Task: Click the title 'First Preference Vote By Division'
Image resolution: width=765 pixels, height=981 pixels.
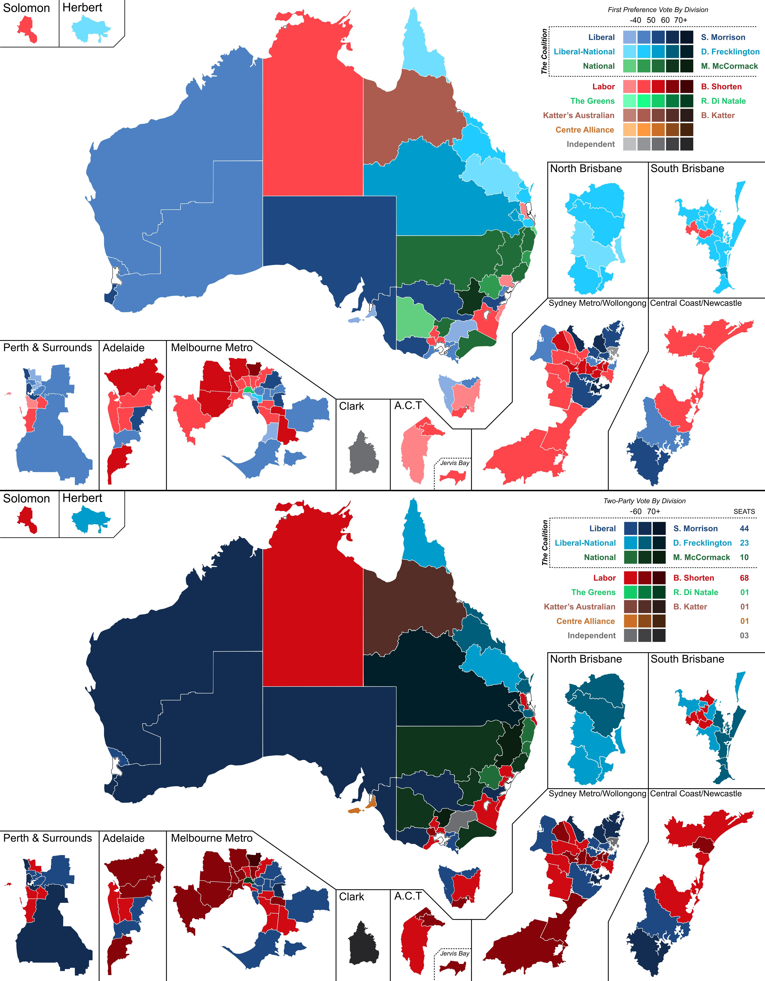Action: pyautogui.click(x=658, y=9)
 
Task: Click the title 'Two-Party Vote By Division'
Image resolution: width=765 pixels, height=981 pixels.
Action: pyautogui.click(x=644, y=501)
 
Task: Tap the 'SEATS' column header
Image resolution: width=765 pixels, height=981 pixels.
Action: pyautogui.click(x=744, y=512)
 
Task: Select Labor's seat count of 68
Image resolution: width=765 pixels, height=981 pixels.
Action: pyautogui.click(x=744, y=578)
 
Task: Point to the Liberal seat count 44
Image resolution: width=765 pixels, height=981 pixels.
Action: pyautogui.click(x=744, y=529)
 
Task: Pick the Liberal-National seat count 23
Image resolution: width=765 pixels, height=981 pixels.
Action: pyautogui.click(x=744, y=543)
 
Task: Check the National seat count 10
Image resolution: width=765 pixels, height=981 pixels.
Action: pyautogui.click(x=744, y=557)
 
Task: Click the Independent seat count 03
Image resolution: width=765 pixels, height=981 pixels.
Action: pyautogui.click(x=744, y=636)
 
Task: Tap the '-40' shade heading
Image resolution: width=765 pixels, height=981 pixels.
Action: pyautogui.click(x=635, y=20)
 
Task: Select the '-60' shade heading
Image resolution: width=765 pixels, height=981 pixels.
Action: pyautogui.click(x=635, y=512)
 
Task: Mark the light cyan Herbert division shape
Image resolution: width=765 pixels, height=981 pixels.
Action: pyautogui.click(x=90, y=29)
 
